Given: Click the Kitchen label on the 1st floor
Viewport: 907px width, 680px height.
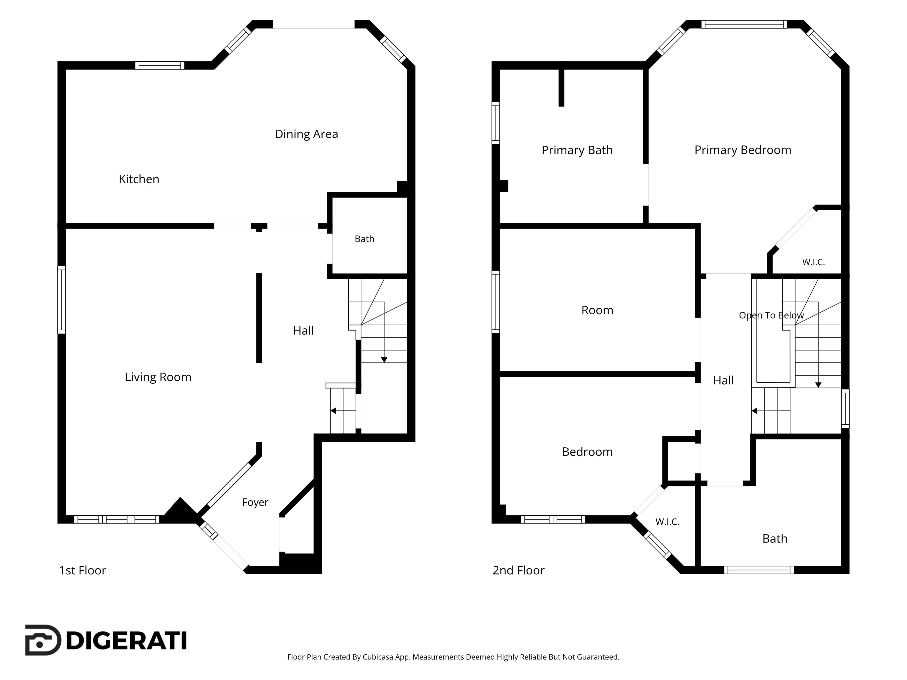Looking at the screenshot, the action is [x=139, y=179].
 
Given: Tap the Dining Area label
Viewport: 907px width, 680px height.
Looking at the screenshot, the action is [x=306, y=134].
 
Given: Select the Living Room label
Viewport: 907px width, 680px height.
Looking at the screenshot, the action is [x=158, y=377].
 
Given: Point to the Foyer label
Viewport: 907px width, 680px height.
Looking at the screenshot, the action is [x=255, y=502].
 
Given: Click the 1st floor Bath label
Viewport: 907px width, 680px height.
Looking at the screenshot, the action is [x=364, y=239].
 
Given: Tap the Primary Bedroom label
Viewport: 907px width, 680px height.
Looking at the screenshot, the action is [x=743, y=150].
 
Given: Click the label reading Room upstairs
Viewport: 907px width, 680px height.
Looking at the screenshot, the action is [x=597, y=310].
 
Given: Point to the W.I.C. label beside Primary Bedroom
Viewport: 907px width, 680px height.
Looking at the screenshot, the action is [x=813, y=262].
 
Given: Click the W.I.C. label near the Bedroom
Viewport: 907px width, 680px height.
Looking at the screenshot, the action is [x=667, y=522].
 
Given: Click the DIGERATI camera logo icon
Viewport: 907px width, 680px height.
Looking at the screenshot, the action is [x=43, y=640].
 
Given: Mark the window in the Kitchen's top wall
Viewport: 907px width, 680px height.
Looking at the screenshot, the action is [x=159, y=65].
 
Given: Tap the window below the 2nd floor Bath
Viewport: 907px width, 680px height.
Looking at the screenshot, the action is [x=759, y=570].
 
